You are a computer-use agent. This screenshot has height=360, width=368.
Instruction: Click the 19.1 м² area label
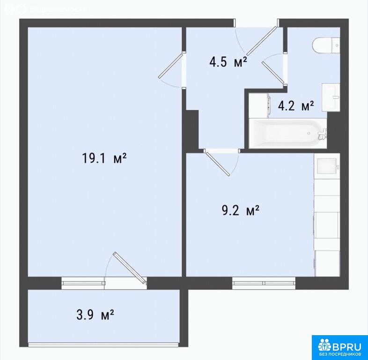coord(104,158)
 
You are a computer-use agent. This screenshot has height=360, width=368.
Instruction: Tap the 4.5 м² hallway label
coord(228,62)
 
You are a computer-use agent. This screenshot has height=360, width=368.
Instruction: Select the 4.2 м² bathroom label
coord(296,105)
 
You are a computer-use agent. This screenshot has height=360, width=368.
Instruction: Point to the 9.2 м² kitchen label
coord(241,210)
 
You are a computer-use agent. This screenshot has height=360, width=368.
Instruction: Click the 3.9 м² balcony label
coord(95,315)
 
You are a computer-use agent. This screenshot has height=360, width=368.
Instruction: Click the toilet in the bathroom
coord(326,45)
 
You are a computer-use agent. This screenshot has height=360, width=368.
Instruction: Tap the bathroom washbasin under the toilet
coord(331,97)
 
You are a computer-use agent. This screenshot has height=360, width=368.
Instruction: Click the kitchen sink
coord(327,166)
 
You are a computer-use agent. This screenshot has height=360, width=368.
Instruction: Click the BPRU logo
coord(339,347)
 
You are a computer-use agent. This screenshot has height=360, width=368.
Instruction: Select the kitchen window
coord(264,283)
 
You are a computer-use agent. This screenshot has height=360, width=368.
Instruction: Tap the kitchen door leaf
coord(218,163)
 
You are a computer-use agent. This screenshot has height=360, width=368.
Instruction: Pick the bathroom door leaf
coord(273,73)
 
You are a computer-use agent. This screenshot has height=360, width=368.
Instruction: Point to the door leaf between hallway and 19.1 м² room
coord(170,66)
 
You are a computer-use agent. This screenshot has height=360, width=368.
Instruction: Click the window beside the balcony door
coord(83,283)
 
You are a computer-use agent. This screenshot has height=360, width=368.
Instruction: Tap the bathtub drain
coord(309,134)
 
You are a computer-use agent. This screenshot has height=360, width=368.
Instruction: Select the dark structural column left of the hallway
coord(192,129)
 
